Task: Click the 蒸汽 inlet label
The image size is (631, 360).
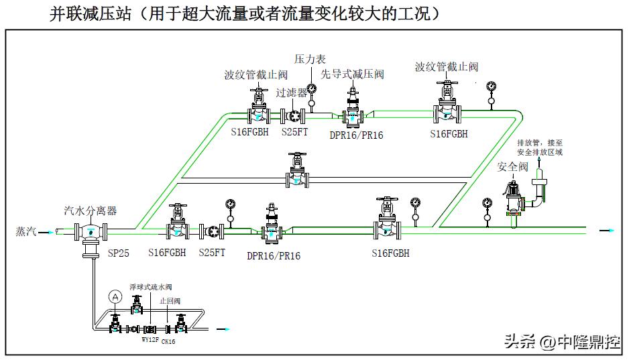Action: coord(26,231)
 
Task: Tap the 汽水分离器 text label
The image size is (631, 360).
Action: coord(91,211)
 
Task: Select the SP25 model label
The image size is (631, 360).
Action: coord(118,253)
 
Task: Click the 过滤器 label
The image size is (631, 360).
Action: coord(292,93)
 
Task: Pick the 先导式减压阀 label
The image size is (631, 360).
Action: coord(352,74)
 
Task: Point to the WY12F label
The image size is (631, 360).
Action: coord(150,340)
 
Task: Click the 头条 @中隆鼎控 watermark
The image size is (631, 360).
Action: coord(557,342)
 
